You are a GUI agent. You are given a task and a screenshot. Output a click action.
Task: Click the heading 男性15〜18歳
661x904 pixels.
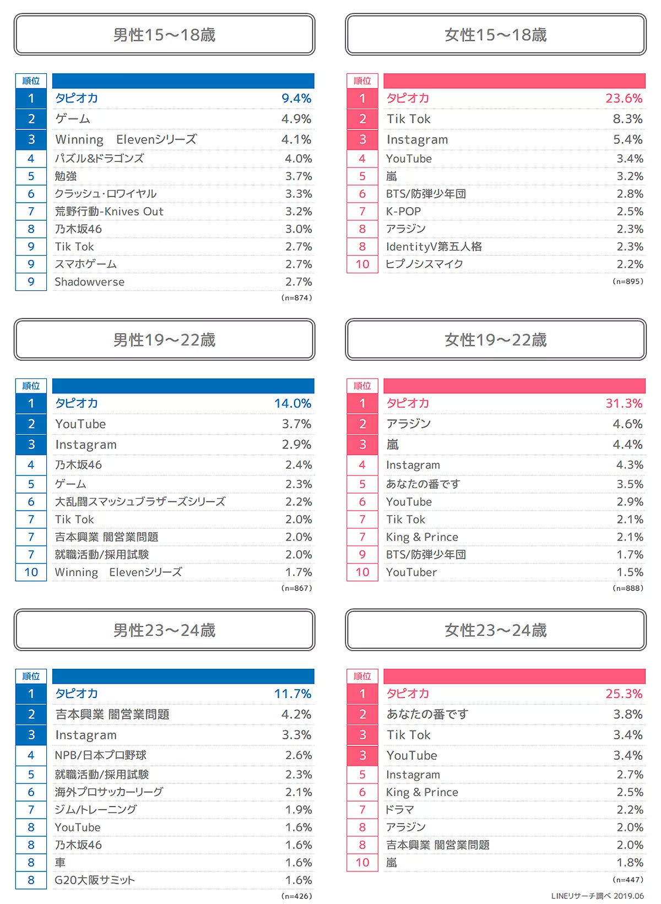(164, 35)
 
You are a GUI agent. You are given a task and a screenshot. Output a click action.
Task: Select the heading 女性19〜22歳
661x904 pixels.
(495, 340)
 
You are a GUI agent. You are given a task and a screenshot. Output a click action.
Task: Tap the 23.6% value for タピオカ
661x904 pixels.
(624, 99)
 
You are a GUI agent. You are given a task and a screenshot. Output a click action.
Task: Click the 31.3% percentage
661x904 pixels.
(624, 403)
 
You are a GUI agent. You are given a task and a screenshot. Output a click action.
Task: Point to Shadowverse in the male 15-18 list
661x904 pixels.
(90, 282)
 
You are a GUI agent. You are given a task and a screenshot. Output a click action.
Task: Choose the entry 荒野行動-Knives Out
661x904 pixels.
(109, 212)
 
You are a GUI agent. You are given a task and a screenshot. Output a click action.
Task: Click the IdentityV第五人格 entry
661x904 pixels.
(434, 247)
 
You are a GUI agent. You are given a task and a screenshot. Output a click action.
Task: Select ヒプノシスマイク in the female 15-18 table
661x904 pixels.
(425, 264)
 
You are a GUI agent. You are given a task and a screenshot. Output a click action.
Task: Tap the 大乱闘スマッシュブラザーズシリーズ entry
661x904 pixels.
(140, 502)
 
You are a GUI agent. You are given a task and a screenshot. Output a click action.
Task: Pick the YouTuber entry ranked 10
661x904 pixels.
(411, 572)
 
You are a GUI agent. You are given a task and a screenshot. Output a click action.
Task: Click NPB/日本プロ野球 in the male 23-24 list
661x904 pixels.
(101, 755)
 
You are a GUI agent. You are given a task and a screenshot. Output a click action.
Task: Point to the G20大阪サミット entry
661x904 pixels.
(95, 880)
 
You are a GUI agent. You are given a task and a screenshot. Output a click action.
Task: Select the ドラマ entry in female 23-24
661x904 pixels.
(400, 810)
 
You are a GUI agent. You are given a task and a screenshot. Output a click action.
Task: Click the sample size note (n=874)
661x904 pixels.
(296, 298)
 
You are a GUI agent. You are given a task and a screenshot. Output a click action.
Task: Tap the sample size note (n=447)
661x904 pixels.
(627, 880)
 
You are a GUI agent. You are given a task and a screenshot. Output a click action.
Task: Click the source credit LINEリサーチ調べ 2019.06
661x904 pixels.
(597, 896)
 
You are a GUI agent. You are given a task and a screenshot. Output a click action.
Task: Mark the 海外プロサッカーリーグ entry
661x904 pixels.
(109, 792)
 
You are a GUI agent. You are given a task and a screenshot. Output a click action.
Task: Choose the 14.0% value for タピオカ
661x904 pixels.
(292, 403)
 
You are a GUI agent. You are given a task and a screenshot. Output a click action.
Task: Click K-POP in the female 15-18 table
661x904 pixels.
(404, 212)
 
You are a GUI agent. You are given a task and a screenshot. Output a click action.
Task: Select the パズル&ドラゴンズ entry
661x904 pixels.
(100, 159)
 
